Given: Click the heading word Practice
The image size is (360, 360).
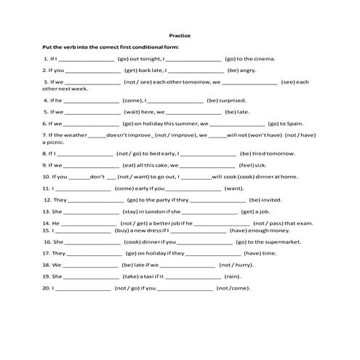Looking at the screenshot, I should pyautogui.click(x=180, y=33).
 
